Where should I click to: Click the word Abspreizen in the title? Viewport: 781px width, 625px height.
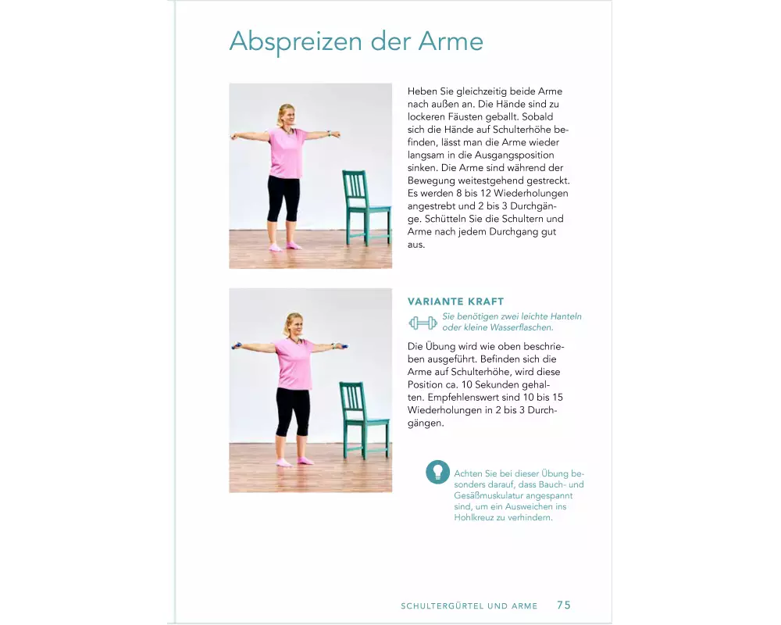point(296,42)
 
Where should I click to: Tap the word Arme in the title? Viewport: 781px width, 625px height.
point(451,41)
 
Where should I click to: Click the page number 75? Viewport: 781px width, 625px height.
point(564,605)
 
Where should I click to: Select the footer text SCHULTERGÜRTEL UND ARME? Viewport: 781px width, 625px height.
point(469,606)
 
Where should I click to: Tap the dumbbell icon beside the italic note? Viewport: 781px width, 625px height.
point(423,323)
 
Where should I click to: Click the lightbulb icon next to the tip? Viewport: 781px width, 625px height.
point(438,472)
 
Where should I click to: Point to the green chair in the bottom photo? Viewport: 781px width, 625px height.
point(364,420)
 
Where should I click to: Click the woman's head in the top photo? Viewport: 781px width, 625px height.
point(287,115)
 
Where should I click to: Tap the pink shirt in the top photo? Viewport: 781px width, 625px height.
point(287,152)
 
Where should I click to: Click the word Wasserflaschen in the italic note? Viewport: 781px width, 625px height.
point(522,327)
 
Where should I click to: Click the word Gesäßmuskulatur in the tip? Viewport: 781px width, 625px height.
point(487,495)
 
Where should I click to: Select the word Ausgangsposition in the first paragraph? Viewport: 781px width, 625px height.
point(514,155)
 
